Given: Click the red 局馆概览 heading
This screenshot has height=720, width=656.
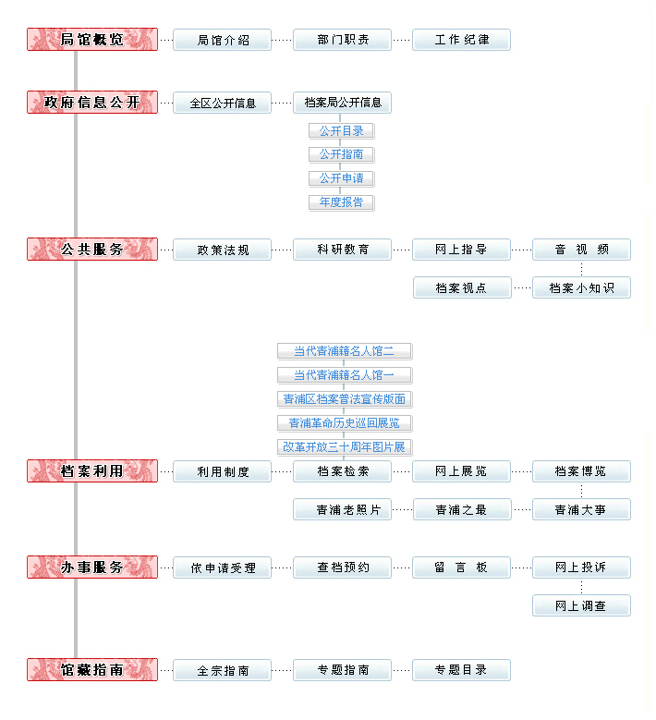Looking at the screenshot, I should click(x=92, y=40).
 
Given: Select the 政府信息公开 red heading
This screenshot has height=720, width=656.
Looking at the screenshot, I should click(x=92, y=103).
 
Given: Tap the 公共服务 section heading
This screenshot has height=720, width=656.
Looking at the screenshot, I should click(x=92, y=250).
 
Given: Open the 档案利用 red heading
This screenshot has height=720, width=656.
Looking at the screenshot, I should click(x=92, y=471).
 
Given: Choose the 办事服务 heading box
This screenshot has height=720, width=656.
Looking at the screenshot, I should click(x=92, y=567).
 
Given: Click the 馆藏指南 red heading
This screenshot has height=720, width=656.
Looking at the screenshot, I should click(x=92, y=670).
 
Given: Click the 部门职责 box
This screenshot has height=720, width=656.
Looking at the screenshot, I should click(x=342, y=40).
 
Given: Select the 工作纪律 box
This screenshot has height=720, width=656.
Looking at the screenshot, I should click(x=461, y=40).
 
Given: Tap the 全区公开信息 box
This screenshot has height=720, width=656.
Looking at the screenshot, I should click(x=222, y=103).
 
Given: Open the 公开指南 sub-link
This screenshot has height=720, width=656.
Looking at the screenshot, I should click(x=342, y=154).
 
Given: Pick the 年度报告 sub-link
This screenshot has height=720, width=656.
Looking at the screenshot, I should click(x=342, y=202).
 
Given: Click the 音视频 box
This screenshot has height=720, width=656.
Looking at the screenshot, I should click(x=581, y=250).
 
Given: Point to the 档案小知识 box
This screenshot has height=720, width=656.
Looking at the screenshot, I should click(x=581, y=288).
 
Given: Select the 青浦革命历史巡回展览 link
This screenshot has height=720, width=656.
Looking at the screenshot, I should click(x=345, y=423).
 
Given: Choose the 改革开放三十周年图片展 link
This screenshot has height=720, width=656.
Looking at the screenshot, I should click(x=345, y=447).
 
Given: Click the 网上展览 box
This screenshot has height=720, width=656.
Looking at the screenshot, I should click(x=461, y=471).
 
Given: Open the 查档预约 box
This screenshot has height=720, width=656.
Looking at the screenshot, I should click(x=342, y=567).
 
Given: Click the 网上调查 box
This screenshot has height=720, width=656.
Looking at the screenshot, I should click(x=581, y=606).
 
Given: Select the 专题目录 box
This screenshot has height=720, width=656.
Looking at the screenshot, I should click(x=461, y=670).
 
